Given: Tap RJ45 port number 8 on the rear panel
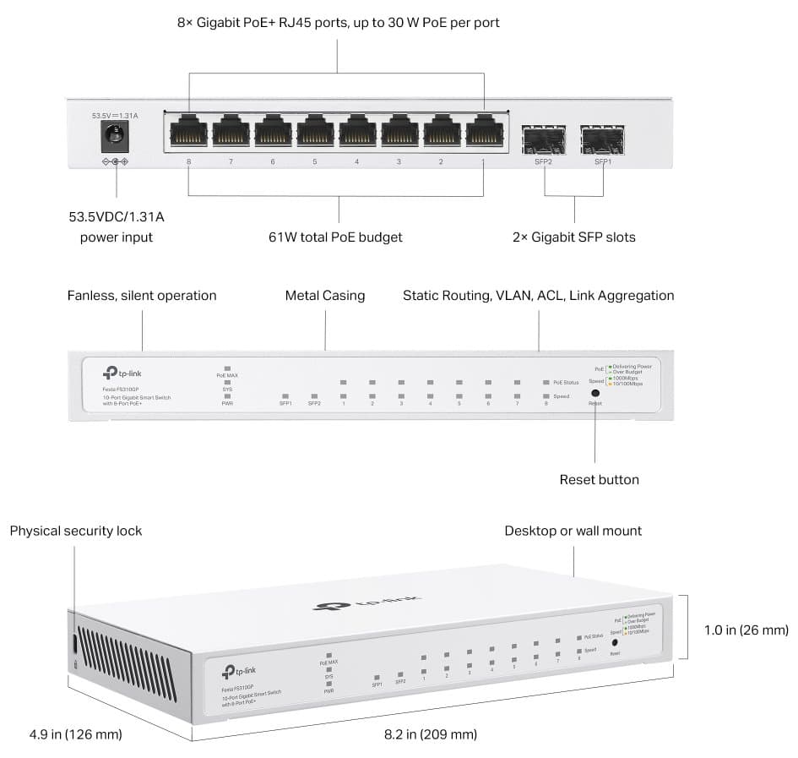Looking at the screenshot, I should tap(188, 132).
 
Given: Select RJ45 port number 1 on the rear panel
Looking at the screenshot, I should tap(484, 132).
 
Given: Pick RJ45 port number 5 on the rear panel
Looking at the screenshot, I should tap(315, 132).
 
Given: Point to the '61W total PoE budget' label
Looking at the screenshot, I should tap(335, 237).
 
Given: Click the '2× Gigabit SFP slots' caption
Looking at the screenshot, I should tap(574, 237).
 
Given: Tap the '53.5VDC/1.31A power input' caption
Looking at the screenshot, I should tap(117, 227).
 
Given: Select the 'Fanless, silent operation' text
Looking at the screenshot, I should tap(142, 296).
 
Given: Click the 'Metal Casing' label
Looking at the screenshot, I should tap(325, 296).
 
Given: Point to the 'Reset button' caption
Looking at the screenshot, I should tap(600, 480).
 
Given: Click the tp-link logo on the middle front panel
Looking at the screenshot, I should tap(121, 373).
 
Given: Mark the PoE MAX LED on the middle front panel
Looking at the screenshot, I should tap(227, 368).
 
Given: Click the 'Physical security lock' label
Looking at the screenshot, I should tap(76, 532).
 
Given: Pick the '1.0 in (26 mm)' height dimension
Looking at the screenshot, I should tap(746, 630).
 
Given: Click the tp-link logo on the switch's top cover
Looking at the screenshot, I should tap(368, 603).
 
